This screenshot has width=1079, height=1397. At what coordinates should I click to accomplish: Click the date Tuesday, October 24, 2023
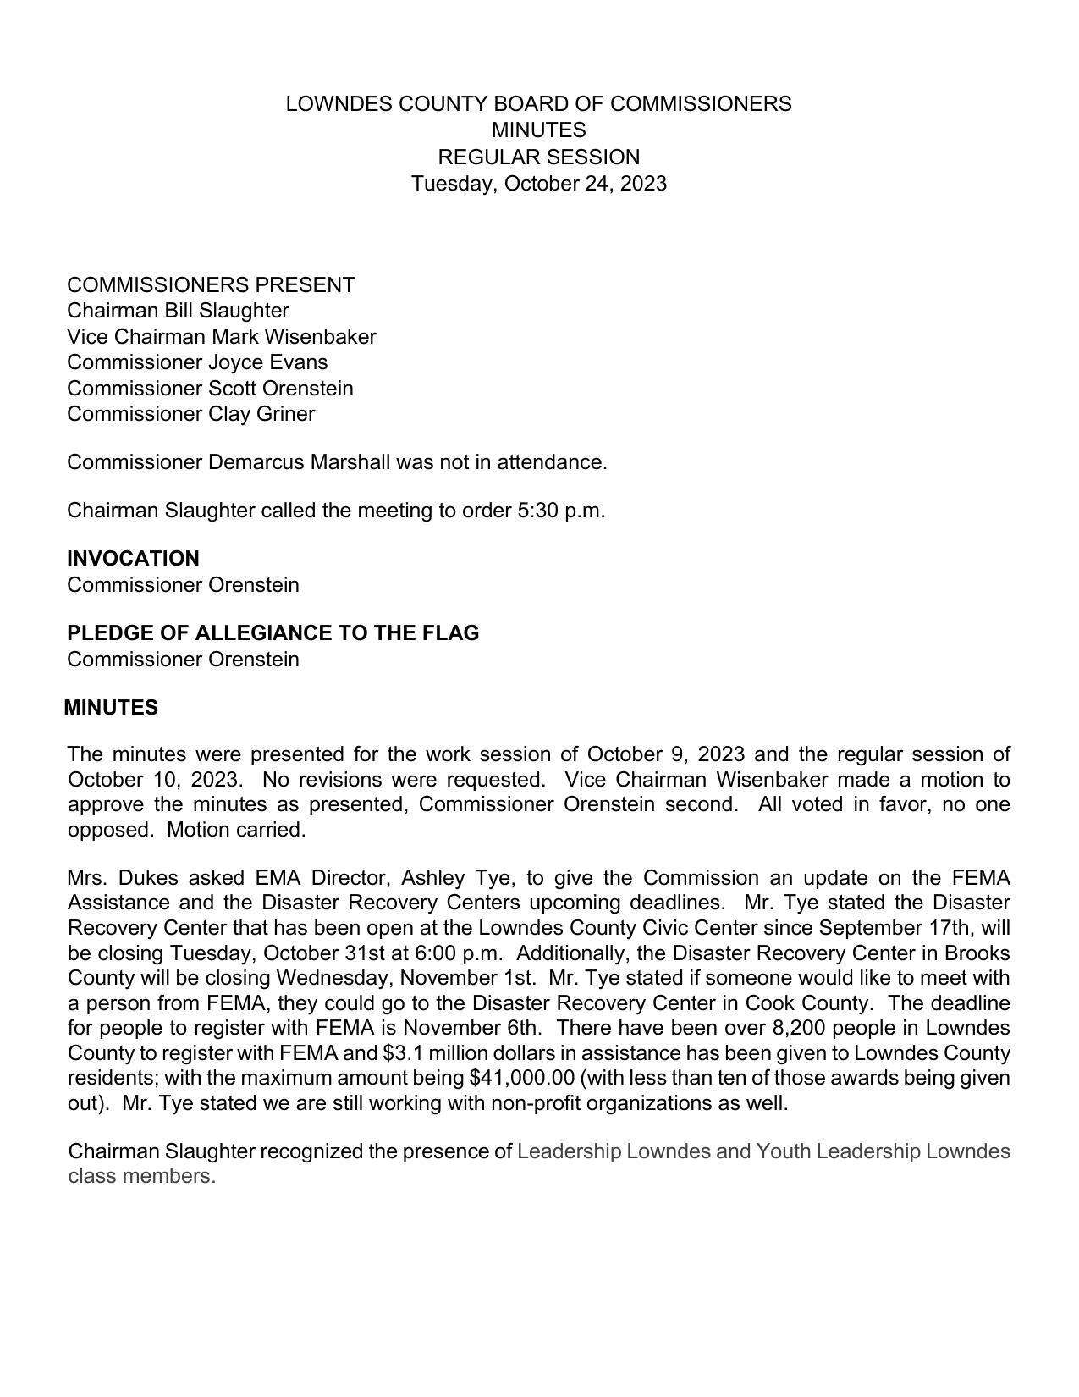coord(538,184)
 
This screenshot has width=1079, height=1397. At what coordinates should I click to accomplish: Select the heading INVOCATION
coord(133,559)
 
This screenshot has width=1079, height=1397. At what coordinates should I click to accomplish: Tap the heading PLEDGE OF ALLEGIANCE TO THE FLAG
coord(273,633)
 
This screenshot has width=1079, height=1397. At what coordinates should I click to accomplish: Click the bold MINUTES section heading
coord(111,708)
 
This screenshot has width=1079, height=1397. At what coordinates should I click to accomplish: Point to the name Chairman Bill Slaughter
coord(178,311)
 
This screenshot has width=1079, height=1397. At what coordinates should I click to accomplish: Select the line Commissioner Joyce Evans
coord(197,362)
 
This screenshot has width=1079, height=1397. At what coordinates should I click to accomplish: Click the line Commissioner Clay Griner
coord(190,414)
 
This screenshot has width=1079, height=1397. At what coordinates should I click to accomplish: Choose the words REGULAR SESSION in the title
coord(538,157)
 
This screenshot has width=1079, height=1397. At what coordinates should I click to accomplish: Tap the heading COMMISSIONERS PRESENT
coord(211,285)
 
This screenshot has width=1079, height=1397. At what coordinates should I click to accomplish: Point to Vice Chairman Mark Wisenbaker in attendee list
coord(222,337)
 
